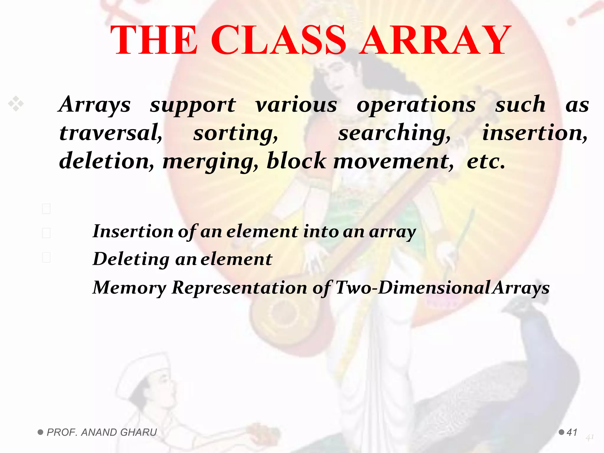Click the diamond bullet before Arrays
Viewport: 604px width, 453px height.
(x=16, y=104)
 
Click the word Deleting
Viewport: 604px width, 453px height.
(x=131, y=259)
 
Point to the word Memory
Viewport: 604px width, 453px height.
(x=129, y=288)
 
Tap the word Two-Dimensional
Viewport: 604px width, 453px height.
(x=413, y=288)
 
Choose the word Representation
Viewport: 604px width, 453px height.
(x=239, y=288)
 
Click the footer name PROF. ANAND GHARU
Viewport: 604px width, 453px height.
(x=102, y=432)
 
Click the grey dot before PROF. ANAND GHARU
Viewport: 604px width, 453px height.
(x=40, y=432)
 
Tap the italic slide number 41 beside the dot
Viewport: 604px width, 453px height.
(x=572, y=432)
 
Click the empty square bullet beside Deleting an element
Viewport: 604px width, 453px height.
(x=46, y=257)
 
